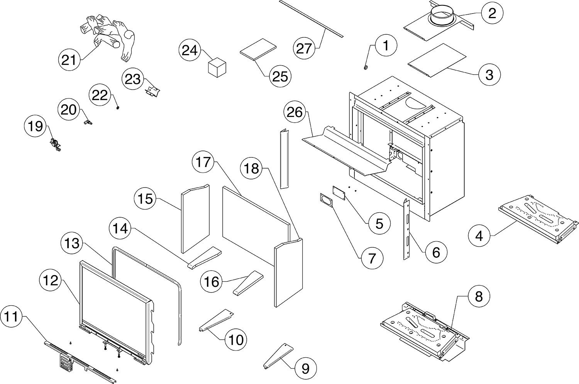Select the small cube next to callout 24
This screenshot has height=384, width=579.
pyautogui.click(x=217, y=67)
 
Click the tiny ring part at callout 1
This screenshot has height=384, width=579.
pyautogui.click(x=365, y=68)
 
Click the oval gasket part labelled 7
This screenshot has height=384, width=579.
pyautogui.click(x=326, y=201)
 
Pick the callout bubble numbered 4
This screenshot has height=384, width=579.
pyautogui.click(x=479, y=235)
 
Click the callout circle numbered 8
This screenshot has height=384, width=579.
pyautogui.click(x=479, y=297)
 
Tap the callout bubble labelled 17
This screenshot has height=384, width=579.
pyautogui.click(x=203, y=162)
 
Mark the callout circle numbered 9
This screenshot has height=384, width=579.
pyautogui.click(x=305, y=369)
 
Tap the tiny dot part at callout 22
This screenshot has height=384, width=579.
pyautogui.click(x=117, y=108)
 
